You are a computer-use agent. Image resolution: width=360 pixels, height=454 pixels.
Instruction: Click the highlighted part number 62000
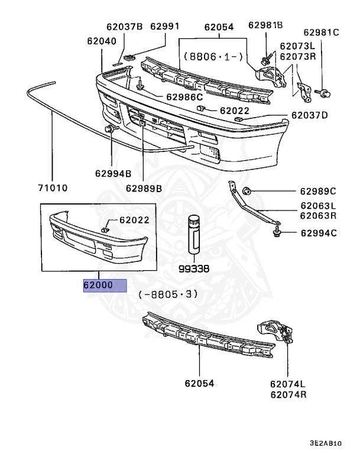pos(104,286)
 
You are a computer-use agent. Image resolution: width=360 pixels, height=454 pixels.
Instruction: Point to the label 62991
pos(165,27)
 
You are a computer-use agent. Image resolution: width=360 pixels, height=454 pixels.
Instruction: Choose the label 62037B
pos(124,27)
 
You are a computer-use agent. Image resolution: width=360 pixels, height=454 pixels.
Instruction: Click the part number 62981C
pos(322,33)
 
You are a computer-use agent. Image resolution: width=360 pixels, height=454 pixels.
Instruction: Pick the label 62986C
pos(184,97)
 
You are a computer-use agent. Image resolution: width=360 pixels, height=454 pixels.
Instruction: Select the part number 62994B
pos(112,174)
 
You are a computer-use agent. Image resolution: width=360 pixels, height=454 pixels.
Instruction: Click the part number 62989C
pos(317,191)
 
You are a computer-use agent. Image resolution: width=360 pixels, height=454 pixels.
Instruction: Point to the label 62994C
pos(317,233)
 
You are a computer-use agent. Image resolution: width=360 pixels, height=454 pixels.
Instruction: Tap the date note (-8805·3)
pos(168,294)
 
